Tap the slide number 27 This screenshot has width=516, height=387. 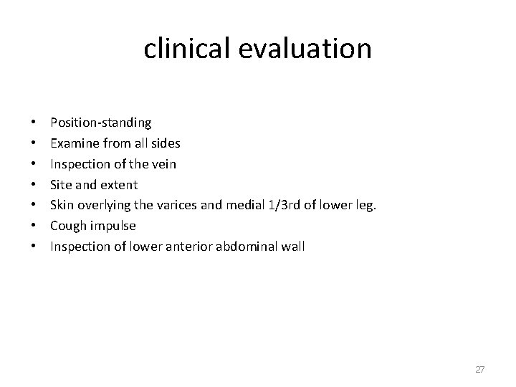pyautogui.click(x=480, y=369)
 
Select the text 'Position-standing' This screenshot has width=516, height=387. pyautogui.click(x=100, y=123)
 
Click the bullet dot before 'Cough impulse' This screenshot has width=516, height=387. pyautogui.click(x=35, y=226)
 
